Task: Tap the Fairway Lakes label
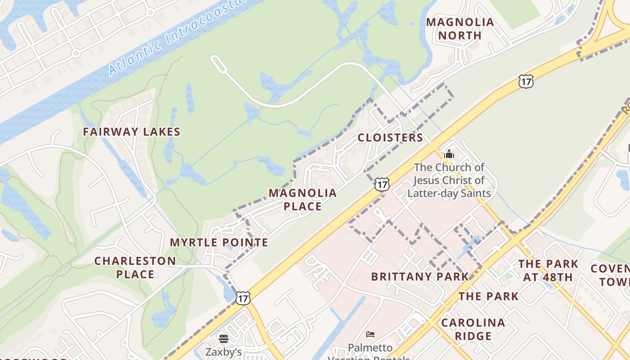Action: click(x=131, y=132)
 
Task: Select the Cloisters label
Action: click(x=390, y=138)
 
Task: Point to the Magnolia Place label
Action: click(x=302, y=199)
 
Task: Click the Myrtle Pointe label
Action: click(x=219, y=243)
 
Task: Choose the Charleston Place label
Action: click(x=135, y=267)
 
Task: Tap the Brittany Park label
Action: click(x=419, y=276)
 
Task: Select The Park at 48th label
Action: click(x=548, y=270)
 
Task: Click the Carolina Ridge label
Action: click(x=473, y=329)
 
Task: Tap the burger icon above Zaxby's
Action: click(x=224, y=338)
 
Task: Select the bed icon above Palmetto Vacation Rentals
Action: click(x=370, y=334)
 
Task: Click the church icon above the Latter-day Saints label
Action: click(x=449, y=154)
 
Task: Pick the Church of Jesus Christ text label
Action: click(x=449, y=180)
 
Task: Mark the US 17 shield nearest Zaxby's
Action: click(x=243, y=297)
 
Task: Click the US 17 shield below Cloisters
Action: click(x=382, y=184)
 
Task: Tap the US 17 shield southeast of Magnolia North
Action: click(x=526, y=81)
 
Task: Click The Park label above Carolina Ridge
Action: click(x=488, y=296)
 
